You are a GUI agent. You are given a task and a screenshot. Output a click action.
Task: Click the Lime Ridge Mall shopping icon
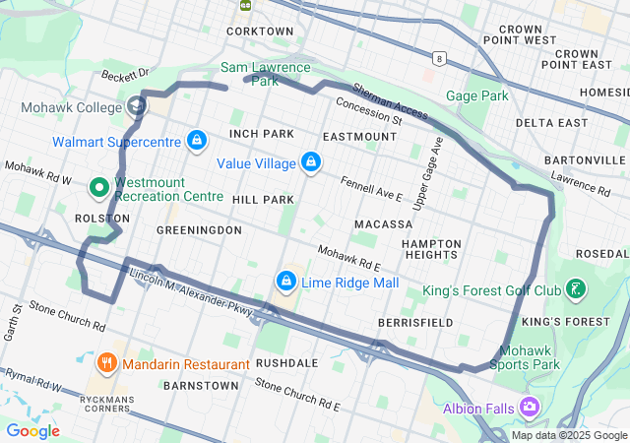[x=286, y=282]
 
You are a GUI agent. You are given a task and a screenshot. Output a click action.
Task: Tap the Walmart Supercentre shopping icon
[x=197, y=142]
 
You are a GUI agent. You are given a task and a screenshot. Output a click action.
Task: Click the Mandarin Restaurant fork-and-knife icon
[x=107, y=363]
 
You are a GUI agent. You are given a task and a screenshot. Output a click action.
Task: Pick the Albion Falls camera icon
[x=531, y=407]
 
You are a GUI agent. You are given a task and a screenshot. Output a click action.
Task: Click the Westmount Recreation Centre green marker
[x=99, y=186]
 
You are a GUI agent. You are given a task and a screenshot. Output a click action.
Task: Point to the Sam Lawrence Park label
[x=265, y=74]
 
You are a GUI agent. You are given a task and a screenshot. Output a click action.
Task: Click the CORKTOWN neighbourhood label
[x=260, y=32]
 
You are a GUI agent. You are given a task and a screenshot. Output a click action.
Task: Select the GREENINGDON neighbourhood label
[x=199, y=229]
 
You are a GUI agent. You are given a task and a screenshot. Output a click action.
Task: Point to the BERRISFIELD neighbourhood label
[x=415, y=322]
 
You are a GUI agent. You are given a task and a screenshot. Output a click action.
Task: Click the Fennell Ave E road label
[x=372, y=189]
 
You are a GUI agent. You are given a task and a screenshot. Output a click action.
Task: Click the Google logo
[x=33, y=430]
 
